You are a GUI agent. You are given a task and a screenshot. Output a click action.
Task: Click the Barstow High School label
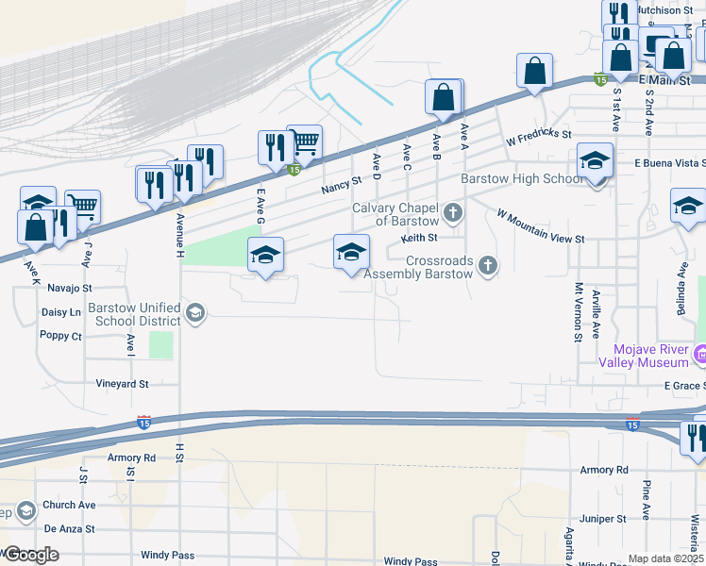point(521,179)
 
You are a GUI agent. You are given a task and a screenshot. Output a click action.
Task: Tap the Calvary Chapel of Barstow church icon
point(453,211)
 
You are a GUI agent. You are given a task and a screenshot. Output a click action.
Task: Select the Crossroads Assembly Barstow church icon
point(487,264)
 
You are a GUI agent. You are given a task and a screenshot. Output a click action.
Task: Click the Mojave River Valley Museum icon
point(699,355)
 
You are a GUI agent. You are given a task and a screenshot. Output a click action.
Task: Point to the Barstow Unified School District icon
point(195,313)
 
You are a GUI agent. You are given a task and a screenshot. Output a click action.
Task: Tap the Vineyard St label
point(123,384)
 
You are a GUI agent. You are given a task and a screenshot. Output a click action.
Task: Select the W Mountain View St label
point(542,226)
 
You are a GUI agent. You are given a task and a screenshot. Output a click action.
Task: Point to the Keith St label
point(420,238)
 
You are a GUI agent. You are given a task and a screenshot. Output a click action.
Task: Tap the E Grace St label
point(684,386)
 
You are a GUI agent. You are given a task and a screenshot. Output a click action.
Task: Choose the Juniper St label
point(604,519)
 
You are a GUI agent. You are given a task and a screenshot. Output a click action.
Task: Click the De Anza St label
point(70,529)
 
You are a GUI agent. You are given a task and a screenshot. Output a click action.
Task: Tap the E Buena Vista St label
point(669,163)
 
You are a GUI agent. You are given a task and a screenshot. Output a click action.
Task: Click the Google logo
point(30,555)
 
